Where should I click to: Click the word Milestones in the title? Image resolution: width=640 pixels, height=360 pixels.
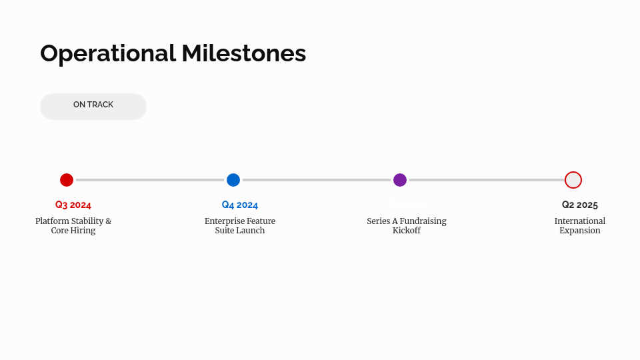click(243, 53)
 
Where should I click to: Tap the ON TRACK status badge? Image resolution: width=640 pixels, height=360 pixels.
click(93, 106)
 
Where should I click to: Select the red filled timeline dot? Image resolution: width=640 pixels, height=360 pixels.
click(67, 180)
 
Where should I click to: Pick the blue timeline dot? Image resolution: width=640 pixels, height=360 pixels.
click(233, 180)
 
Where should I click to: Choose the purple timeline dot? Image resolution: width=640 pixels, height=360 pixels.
click(400, 180)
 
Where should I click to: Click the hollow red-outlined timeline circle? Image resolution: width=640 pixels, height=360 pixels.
click(573, 180)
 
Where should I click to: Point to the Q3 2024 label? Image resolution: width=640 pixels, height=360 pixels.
click(73, 205)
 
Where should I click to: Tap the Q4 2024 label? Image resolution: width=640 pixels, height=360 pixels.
click(240, 205)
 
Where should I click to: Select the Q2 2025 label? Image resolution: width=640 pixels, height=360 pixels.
click(580, 205)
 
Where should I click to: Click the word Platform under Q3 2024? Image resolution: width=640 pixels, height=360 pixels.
click(52, 221)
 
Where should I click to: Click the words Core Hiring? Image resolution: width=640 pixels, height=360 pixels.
click(73, 231)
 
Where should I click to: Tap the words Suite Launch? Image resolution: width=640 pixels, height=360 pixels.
click(240, 231)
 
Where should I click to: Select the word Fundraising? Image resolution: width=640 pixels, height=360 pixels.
click(423, 221)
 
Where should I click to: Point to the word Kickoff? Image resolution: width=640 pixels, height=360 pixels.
click(407, 231)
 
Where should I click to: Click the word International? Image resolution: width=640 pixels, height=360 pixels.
click(580, 221)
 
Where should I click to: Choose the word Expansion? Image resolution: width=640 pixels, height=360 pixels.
click(580, 231)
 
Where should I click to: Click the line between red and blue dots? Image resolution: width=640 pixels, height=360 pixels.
click(150, 180)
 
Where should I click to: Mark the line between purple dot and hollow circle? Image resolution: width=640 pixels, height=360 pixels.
click(487, 180)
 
